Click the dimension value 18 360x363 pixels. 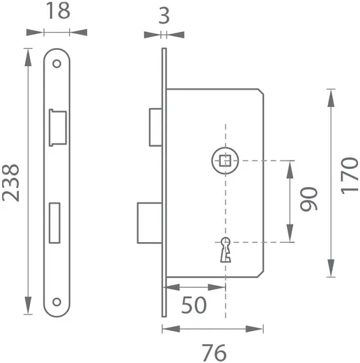click(x=57, y=12)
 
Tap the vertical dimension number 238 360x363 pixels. click(x=12, y=182)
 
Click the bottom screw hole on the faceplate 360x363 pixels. click(x=56, y=302)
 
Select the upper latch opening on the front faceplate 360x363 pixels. click(x=56, y=127)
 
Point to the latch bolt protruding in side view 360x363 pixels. click(x=155, y=128)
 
